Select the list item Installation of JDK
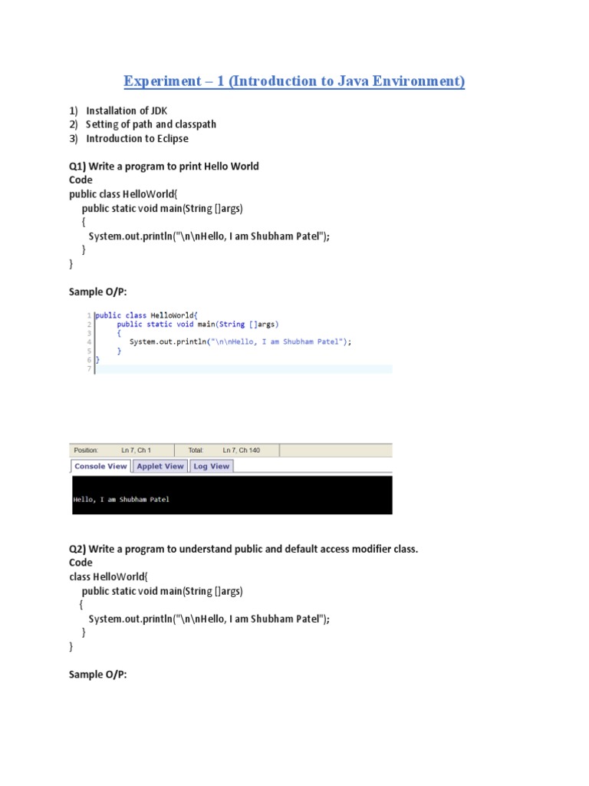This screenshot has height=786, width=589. click(x=127, y=111)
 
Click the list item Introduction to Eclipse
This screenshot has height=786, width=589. click(x=137, y=138)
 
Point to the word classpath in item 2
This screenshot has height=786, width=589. click(x=196, y=124)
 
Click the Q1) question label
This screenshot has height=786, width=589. click(x=77, y=166)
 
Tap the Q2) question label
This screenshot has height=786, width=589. click(x=77, y=549)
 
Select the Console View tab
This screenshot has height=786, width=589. click(x=100, y=466)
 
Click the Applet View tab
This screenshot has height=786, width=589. click(x=160, y=466)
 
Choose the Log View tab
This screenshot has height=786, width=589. click(x=211, y=466)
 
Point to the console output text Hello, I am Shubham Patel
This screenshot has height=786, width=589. click(x=121, y=499)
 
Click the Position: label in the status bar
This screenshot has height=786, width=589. click(x=86, y=450)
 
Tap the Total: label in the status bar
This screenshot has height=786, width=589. click(x=196, y=450)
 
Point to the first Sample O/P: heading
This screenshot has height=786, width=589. click(x=97, y=291)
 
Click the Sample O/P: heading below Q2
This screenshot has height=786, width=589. click(x=97, y=674)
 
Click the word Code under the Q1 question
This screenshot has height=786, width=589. click(x=81, y=180)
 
